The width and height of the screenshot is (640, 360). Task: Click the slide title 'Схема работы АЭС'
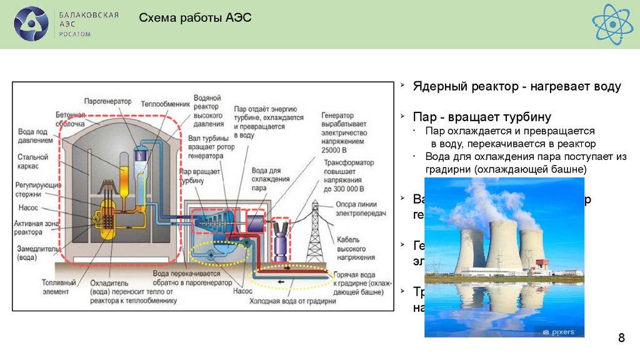click(x=194, y=18)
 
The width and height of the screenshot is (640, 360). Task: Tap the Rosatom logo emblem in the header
click(x=31, y=24)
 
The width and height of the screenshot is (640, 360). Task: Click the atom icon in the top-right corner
click(x=612, y=23)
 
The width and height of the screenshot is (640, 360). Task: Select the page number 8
click(x=621, y=339)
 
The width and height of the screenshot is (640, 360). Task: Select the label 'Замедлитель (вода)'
click(x=38, y=252)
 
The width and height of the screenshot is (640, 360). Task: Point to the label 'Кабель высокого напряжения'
click(x=356, y=247)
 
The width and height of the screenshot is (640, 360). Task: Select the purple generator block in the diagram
click(x=256, y=222)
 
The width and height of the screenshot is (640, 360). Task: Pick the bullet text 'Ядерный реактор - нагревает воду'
click(x=517, y=87)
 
